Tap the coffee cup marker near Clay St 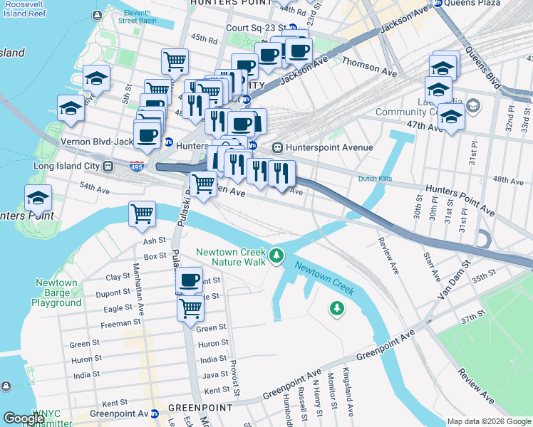click(x=189, y=280)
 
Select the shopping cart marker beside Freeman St click(x=191, y=308)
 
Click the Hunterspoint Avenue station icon click(x=278, y=147)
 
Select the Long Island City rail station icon click(x=108, y=167)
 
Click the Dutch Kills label click(x=376, y=179)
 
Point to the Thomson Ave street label click(x=369, y=63)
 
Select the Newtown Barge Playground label click(x=56, y=292)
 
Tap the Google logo click(x=24, y=418)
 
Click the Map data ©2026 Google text click(x=488, y=421)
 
